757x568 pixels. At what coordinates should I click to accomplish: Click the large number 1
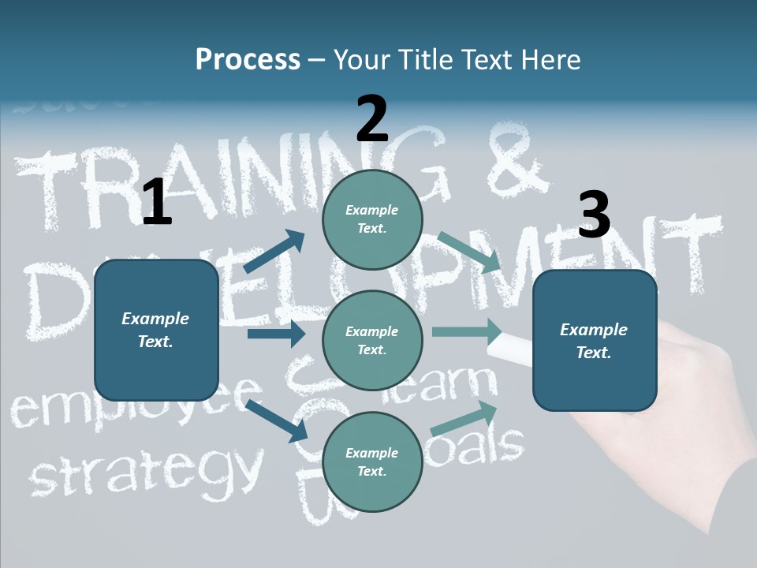click(157, 202)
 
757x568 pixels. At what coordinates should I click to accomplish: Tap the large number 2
click(372, 118)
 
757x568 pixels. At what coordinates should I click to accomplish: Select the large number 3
click(594, 215)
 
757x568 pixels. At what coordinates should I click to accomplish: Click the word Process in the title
click(248, 59)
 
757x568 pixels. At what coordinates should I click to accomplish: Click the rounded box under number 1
click(156, 330)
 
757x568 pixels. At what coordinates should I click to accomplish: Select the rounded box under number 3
click(595, 341)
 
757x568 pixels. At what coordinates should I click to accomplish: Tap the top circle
click(372, 219)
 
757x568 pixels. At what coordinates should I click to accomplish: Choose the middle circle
click(372, 341)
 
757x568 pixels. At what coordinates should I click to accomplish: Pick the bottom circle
click(372, 462)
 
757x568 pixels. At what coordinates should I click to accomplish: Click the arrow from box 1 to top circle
click(274, 252)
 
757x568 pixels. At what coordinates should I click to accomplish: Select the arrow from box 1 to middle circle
click(276, 334)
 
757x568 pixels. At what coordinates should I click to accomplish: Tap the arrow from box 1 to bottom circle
click(277, 420)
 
